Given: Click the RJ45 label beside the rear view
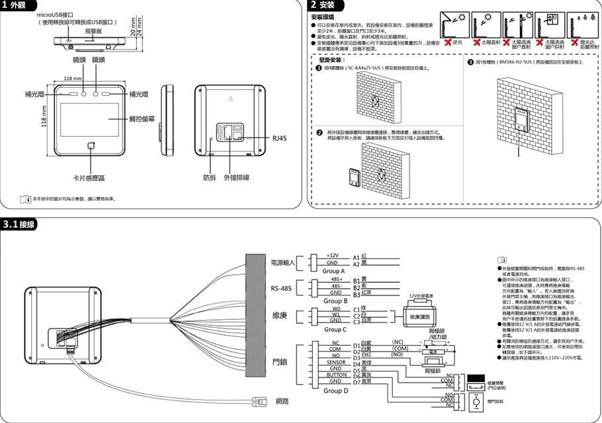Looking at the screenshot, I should click(280, 138).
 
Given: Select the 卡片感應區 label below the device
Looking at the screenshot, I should click(89, 178).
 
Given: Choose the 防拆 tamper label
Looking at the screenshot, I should click(209, 177).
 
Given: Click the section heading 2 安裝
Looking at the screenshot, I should click(327, 5).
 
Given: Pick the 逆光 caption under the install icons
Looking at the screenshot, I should click(457, 42).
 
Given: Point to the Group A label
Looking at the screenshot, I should click(333, 271).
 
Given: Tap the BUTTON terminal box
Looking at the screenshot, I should click(337, 375).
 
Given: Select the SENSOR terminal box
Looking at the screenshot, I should click(336, 362).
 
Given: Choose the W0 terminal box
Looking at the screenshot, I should click(336, 308).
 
